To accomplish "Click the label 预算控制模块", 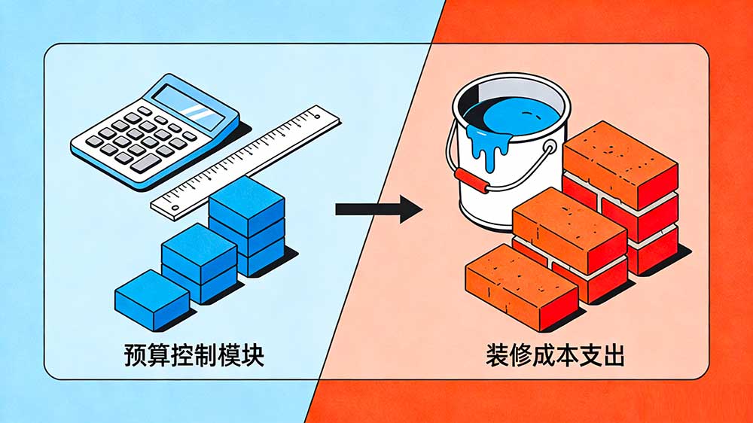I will pos(194,355).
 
